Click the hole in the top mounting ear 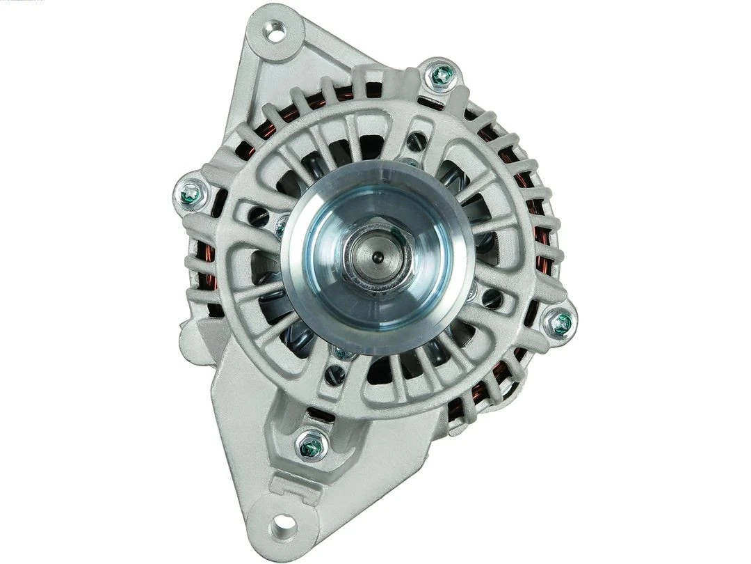(276, 31)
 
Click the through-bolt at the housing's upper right (441, 75)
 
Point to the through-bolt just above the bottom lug (311, 446)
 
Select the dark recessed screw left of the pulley (258, 217)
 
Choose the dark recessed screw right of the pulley (492, 298)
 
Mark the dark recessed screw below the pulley (335, 375)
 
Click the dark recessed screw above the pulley (416, 142)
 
